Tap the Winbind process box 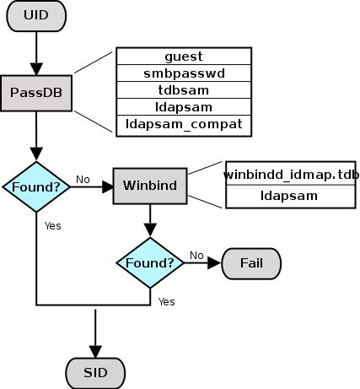pyautogui.click(x=149, y=185)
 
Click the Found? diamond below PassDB pyautogui.click(x=36, y=186)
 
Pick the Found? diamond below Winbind pyautogui.click(x=150, y=263)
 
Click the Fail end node pyautogui.click(x=251, y=263)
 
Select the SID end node pyautogui.click(x=94, y=371)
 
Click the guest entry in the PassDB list pyautogui.click(x=183, y=57)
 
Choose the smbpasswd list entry pyautogui.click(x=183, y=73)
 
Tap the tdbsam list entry pyautogui.click(x=183, y=90)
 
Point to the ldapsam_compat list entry pyautogui.click(x=183, y=125)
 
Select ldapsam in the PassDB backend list pyautogui.click(x=183, y=107)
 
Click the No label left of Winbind pyautogui.click(x=83, y=179)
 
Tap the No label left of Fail pyautogui.click(x=196, y=255)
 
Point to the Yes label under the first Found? pyautogui.click(x=52, y=225)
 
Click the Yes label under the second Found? pyautogui.click(x=166, y=301)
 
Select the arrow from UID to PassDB pyautogui.click(x=36, y=52)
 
